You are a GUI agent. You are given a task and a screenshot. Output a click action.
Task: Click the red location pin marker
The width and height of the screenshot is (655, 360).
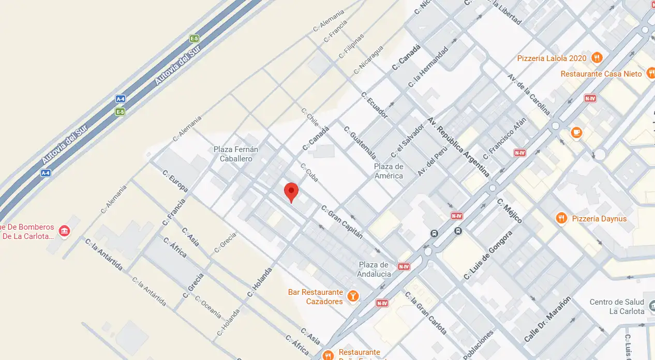click(292, 192)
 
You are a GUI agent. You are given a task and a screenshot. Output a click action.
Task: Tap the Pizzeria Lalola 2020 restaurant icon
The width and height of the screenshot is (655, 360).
click(597, 58)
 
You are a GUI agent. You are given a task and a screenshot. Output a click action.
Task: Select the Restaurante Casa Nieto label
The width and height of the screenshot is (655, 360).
click(601, 74)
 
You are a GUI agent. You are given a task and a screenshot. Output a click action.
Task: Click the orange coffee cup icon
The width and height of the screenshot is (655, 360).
click(576, 133)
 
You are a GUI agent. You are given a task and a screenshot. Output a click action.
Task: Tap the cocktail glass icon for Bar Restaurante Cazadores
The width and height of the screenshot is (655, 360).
click(353, 296)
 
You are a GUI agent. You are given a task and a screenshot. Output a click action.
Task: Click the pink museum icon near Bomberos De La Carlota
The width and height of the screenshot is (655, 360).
click(64, 231)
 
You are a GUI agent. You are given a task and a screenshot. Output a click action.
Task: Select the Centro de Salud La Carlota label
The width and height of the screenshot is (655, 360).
click(617, 306)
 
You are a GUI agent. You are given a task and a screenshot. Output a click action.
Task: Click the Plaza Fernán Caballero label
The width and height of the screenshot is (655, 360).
click(236, 154)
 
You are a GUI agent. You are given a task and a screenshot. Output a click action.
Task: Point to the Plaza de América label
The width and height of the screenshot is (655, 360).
click(389, 171)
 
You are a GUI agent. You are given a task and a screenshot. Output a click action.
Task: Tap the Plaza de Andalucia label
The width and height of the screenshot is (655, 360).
click(374, 269)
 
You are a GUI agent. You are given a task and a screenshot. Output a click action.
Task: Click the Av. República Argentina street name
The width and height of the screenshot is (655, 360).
click(458, 147)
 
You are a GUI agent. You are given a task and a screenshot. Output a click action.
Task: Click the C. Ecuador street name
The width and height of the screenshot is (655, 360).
click(375, 105)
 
